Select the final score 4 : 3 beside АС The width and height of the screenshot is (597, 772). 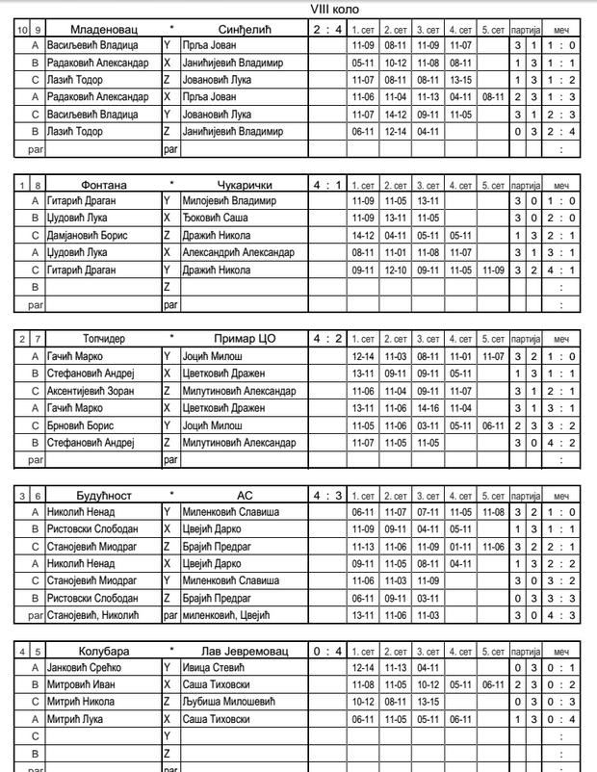click(326, 495)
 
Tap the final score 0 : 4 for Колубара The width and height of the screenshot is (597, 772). click(326, 651)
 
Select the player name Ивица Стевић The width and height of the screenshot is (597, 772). click(212, 667)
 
